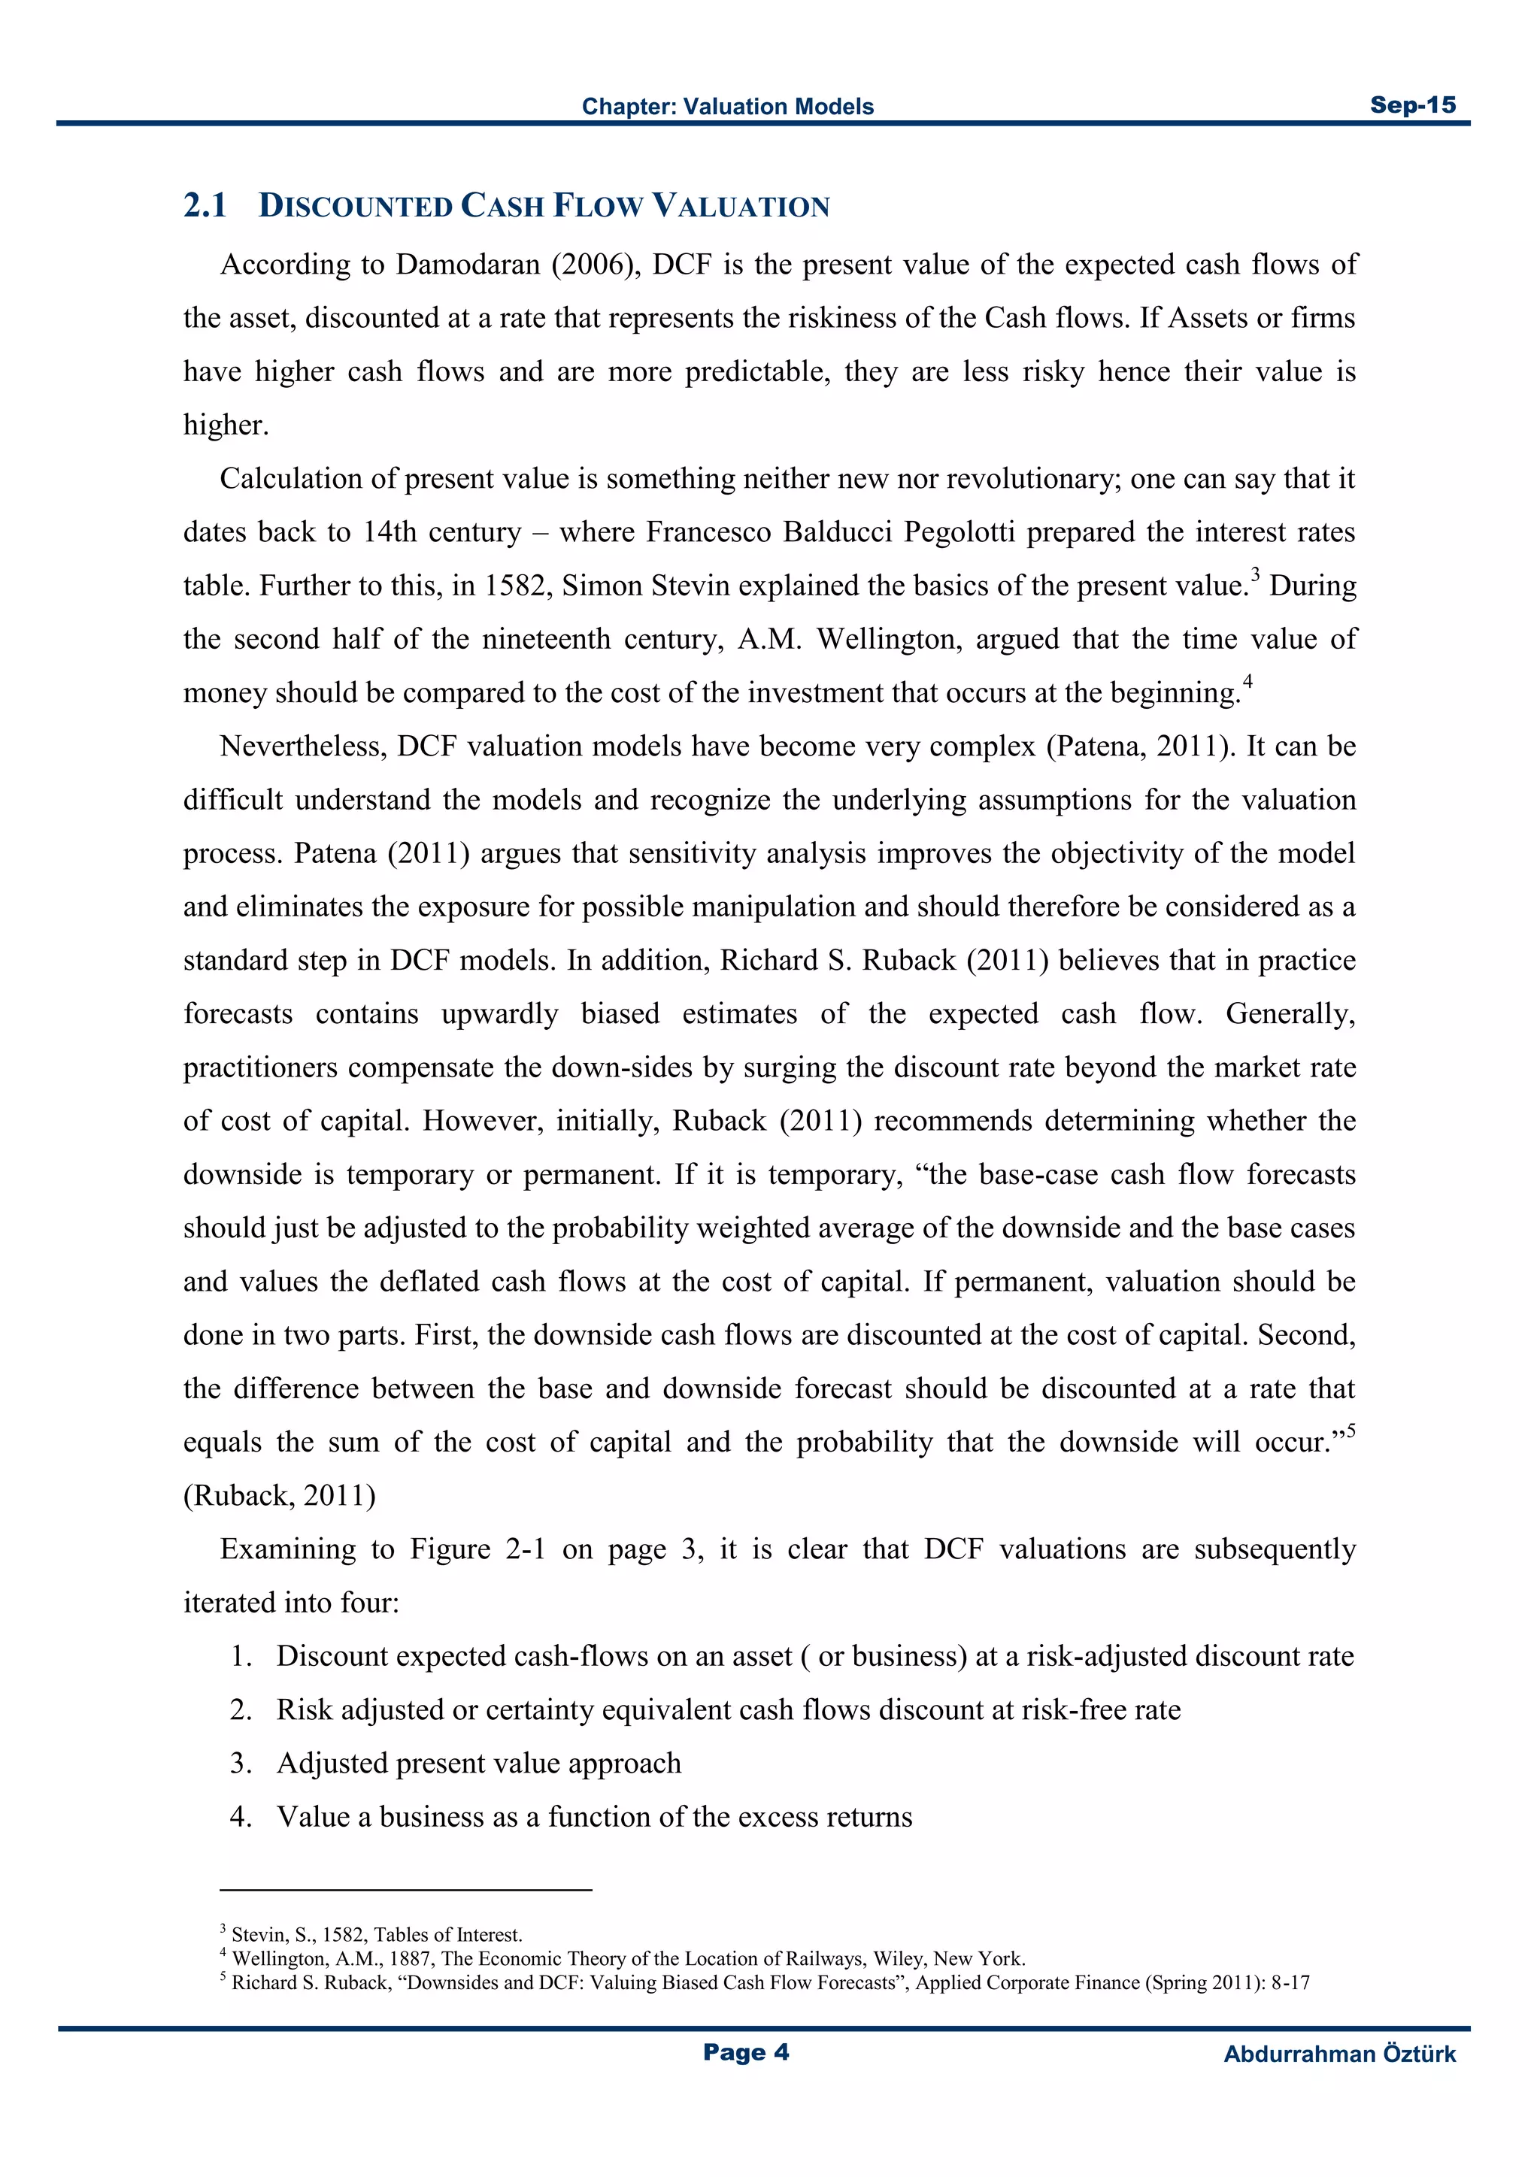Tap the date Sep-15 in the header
click(x=1412, y=105)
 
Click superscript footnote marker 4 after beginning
click(x=1248, y=681)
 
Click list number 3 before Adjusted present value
click(x=240, y=1764)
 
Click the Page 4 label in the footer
click(x=745, y=2053)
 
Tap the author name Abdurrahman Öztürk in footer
click(x=1339, y=2054)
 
